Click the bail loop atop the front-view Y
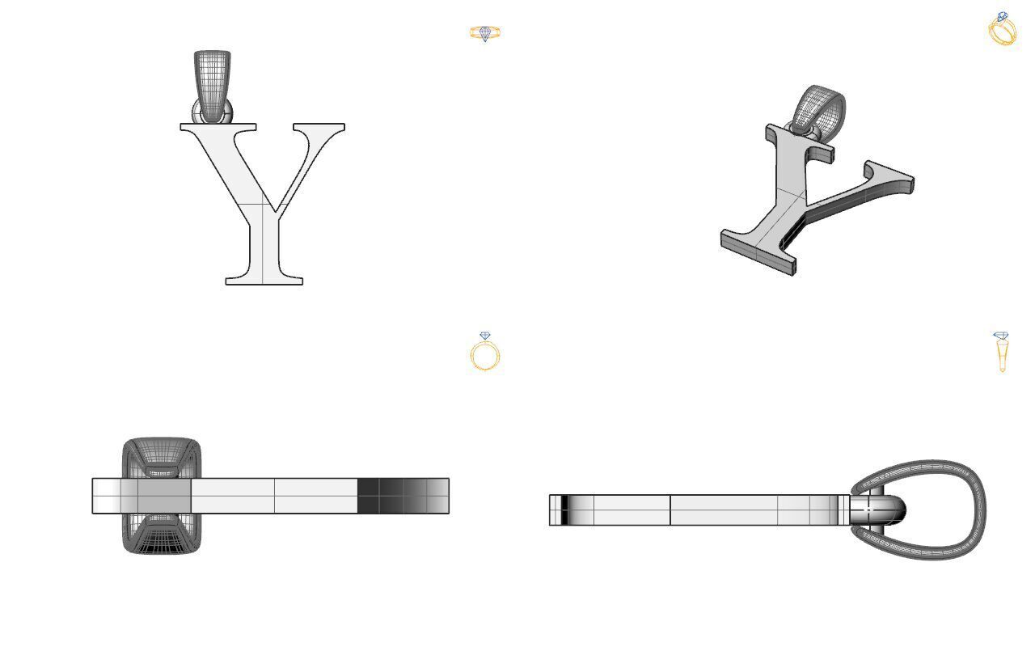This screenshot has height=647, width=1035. click(212, 81)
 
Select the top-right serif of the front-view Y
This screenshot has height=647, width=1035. click(319, 127)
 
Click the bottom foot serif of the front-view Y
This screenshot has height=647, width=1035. click(264, 281)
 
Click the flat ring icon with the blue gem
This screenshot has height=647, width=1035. click(485, 33)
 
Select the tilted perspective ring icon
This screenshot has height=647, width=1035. click(1003, 29)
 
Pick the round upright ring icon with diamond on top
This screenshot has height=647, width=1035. click(485, 352)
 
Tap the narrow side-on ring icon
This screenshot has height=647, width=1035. click(1001, 352)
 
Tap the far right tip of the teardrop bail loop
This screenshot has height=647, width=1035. click(982, 510)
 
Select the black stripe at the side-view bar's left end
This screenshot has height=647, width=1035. click(564, 510)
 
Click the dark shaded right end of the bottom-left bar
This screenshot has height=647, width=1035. click(403, 496)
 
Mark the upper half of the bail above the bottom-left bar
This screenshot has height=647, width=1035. click(161, 457)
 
